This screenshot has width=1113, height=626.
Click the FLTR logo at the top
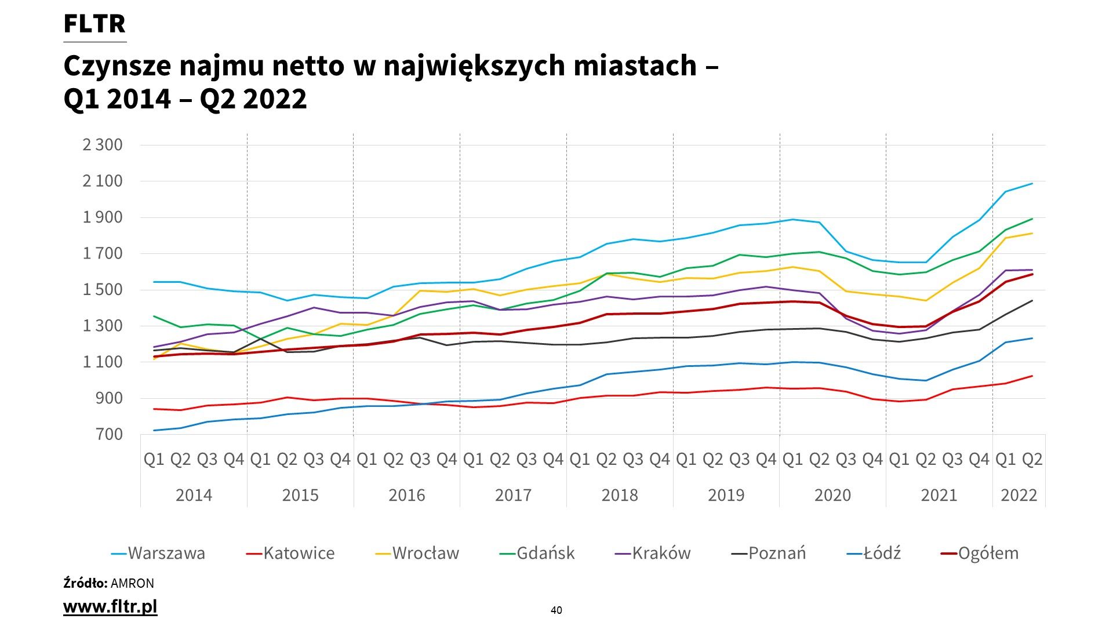94,24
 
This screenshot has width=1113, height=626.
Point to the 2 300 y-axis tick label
103,144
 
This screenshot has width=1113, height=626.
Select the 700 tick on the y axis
110,434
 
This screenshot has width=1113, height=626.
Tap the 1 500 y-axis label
103,290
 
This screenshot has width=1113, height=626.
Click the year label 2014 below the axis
194,495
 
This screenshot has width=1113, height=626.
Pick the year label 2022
1019,495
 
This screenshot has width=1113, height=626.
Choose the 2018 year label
620,495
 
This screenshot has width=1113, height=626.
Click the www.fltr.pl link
110,607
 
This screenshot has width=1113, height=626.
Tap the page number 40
556,610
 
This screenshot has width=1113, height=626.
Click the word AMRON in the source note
132,583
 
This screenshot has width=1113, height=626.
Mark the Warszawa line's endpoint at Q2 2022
1032,184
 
